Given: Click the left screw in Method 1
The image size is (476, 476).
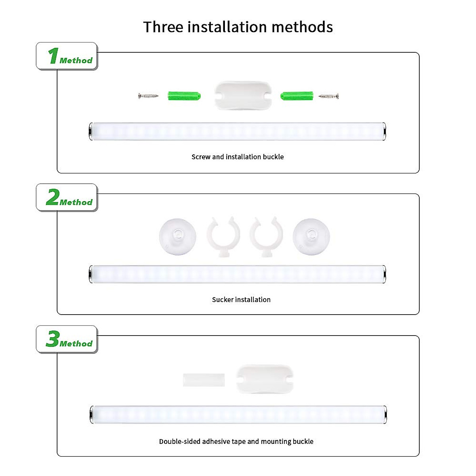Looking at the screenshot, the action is pos(148,96).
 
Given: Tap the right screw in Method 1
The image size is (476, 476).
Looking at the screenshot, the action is pos(328,96).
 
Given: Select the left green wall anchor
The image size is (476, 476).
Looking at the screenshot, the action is pos(184,96).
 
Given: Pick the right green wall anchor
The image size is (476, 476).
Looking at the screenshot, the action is pos(297,96).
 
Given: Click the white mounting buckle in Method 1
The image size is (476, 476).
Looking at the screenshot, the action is pos(243,95).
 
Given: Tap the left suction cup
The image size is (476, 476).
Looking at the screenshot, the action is pos(178,237).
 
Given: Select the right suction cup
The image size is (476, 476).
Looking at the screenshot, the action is pos(311,237).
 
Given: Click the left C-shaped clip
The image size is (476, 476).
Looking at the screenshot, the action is pos(224,237).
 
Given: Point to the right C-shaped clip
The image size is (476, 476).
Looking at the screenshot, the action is pos(266,237).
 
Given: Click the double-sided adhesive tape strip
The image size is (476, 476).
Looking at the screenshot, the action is pos(204,380).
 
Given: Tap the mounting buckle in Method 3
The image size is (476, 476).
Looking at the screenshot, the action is pos(265,379).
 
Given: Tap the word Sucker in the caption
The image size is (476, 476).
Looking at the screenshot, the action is pos(223,299).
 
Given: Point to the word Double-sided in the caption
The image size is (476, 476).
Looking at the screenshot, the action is pos(180,441).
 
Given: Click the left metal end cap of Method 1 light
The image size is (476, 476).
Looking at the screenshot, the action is pos(91,131).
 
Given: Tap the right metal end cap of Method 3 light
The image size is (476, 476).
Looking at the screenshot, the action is pos(385,415).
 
